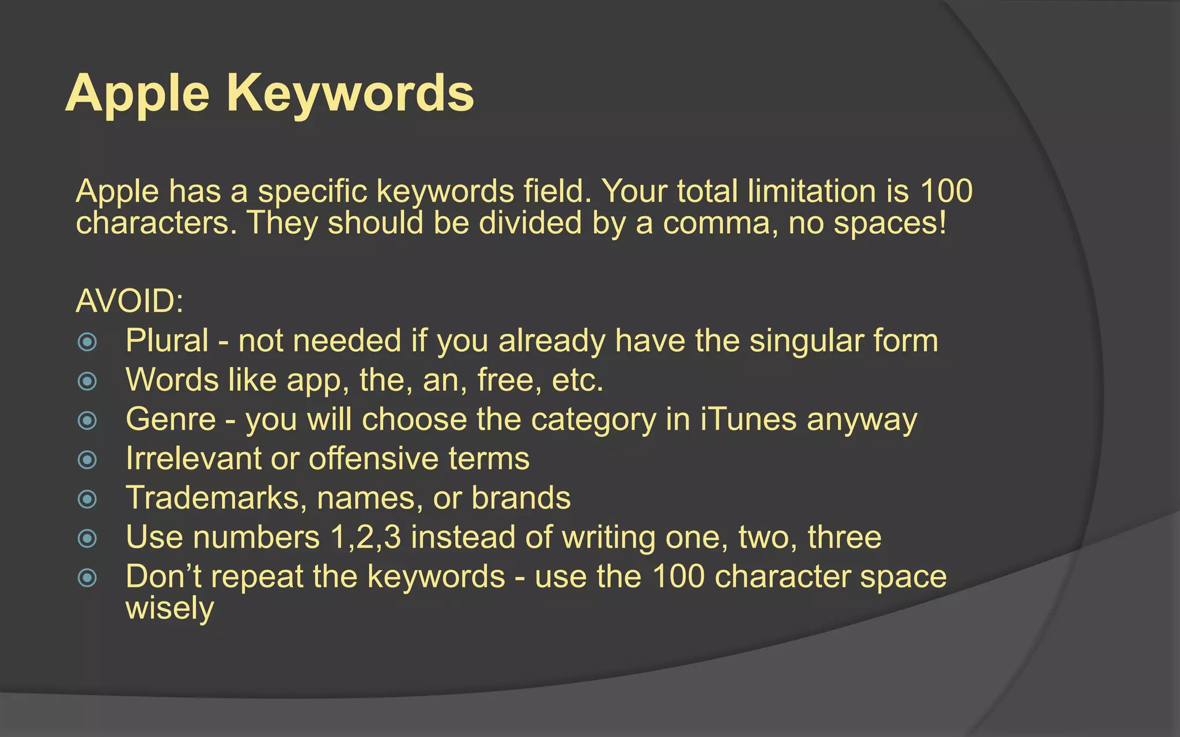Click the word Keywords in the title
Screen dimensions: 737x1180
point(350,93)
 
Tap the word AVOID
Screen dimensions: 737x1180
point(130,301)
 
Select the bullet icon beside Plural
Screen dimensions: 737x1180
point(87,342)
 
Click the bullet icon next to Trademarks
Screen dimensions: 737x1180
point(87,499)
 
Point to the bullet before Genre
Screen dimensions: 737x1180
point(87,420)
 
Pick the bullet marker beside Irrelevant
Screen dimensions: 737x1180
point(87,459)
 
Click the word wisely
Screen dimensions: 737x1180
point(169,608)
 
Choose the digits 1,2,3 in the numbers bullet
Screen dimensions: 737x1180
point(365,537)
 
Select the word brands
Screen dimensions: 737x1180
point(521,497)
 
